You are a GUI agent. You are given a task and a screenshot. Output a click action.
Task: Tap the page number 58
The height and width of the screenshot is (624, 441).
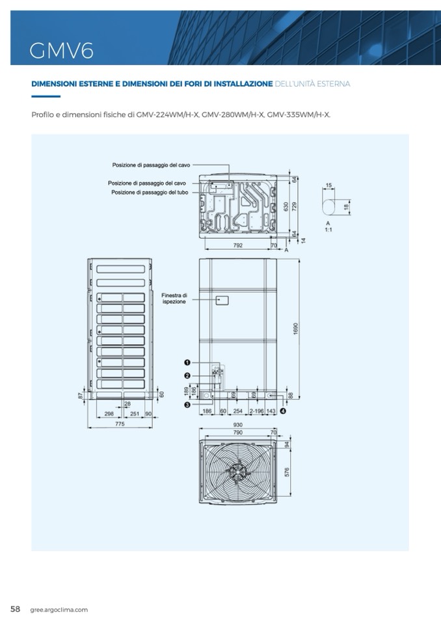tap(16, 609)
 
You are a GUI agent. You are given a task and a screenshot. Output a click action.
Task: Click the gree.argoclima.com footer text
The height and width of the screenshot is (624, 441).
tap(59, 610)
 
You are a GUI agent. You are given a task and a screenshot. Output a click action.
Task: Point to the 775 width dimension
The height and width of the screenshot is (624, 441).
tap(120, 424)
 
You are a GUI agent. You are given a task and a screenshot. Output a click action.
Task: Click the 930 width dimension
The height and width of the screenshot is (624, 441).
tap(237, 424)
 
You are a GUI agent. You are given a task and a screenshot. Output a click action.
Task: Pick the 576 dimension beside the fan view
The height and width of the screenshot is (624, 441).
tap(287, 472)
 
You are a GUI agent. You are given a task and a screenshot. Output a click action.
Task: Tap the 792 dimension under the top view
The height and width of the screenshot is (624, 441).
tap(237, 245)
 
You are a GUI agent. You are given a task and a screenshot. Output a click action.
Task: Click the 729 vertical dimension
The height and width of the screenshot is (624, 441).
tap(294, 206)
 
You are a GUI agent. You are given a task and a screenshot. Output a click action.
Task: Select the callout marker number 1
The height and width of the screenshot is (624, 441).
tap(187, 362)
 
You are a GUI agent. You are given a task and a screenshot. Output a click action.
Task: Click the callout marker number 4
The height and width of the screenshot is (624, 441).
tap(282, 411)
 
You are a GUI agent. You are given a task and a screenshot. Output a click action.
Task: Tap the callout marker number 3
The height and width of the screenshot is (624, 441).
tap(187, 405)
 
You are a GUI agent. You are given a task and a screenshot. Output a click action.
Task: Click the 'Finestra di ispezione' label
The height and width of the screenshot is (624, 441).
tap(174, 299)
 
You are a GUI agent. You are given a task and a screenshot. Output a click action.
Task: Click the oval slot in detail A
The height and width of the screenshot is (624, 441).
tap(329, 206)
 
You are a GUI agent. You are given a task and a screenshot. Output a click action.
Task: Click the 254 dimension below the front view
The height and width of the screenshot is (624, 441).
tap(238, 411)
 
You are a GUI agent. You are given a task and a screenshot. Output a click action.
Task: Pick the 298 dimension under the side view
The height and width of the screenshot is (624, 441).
tap(109, 413)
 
